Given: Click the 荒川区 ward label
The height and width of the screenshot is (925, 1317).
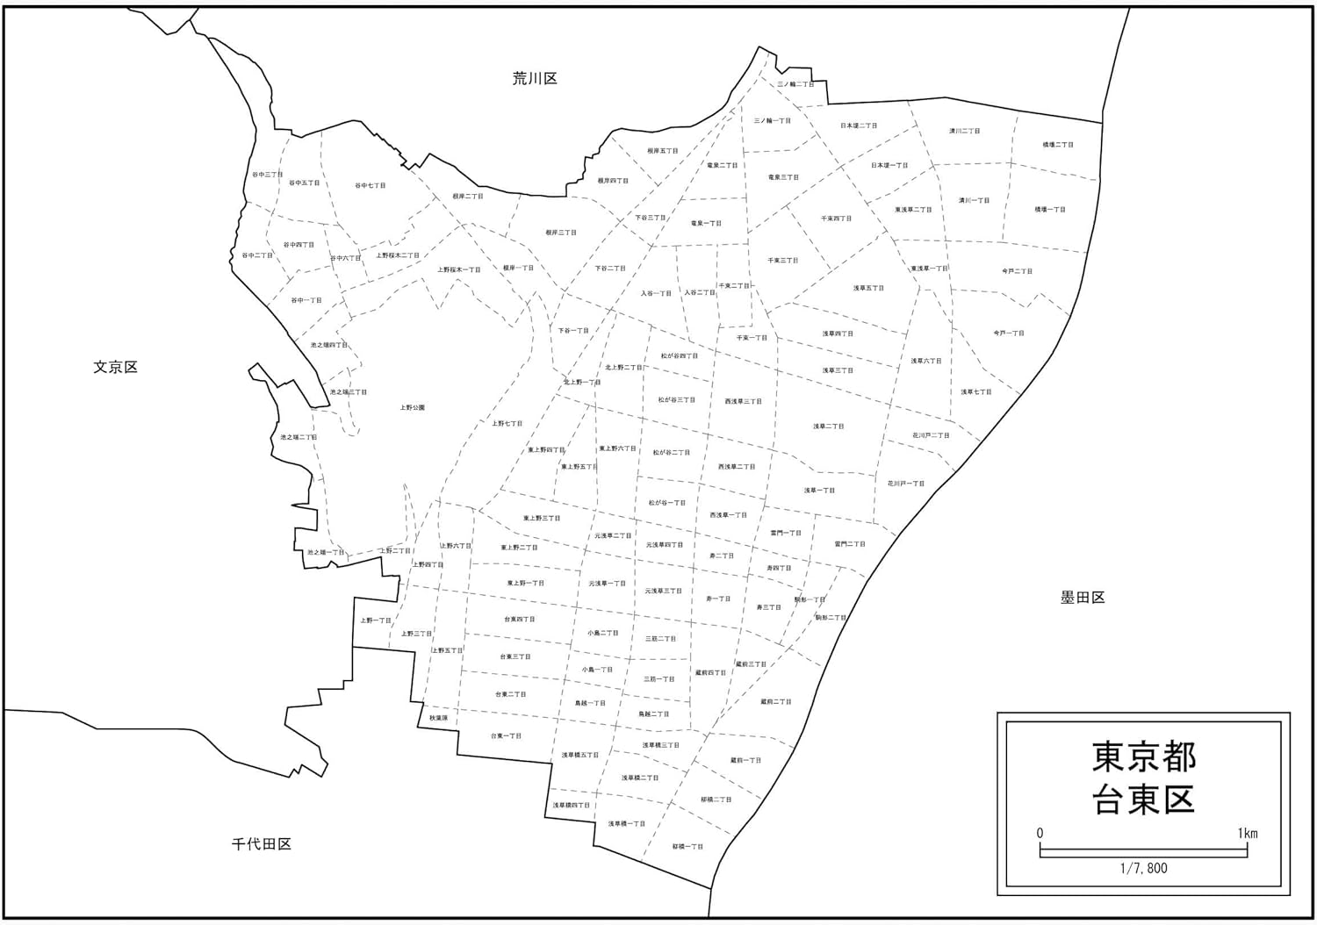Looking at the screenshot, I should [x=535, y=79].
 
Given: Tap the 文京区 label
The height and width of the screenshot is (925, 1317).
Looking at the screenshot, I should [x=116, y=367].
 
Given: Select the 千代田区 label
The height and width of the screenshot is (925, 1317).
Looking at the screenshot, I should [x=262, y=844].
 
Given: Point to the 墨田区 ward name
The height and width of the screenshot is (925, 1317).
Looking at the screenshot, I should [x=1082, y=598].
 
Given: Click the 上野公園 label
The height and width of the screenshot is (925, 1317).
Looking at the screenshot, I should [x=412, y=408].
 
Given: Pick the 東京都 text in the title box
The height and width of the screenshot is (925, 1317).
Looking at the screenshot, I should [x=1143, y=756].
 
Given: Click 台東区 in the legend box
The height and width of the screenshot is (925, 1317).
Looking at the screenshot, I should [x=1143, y=800].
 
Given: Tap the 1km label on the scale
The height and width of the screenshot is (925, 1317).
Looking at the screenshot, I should [x=1247, y=833].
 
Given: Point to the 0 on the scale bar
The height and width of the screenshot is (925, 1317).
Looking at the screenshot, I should [x=1040, y=833].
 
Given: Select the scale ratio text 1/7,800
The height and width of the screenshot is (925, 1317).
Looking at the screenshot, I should [x=1143, y=868].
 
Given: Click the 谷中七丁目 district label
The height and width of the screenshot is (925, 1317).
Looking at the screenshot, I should [x=370, y=186].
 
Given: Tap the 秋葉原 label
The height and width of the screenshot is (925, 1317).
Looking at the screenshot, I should [x=438, y=718].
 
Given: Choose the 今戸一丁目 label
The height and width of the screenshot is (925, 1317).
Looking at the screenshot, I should [x=1008, y=333].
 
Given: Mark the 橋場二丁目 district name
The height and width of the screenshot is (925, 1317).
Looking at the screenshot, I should [x=1057, y=145].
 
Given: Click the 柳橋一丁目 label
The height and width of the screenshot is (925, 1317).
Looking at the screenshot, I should [x=687, y=847].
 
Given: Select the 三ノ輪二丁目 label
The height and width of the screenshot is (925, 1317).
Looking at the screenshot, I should [x=795, y=85].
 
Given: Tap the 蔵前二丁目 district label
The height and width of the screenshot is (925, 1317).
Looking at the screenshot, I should [x=775, y=702].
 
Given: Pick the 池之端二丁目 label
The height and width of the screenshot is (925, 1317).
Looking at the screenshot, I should [x=299, y=437].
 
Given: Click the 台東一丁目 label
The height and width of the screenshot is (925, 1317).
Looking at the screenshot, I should [x=505, y=735].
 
